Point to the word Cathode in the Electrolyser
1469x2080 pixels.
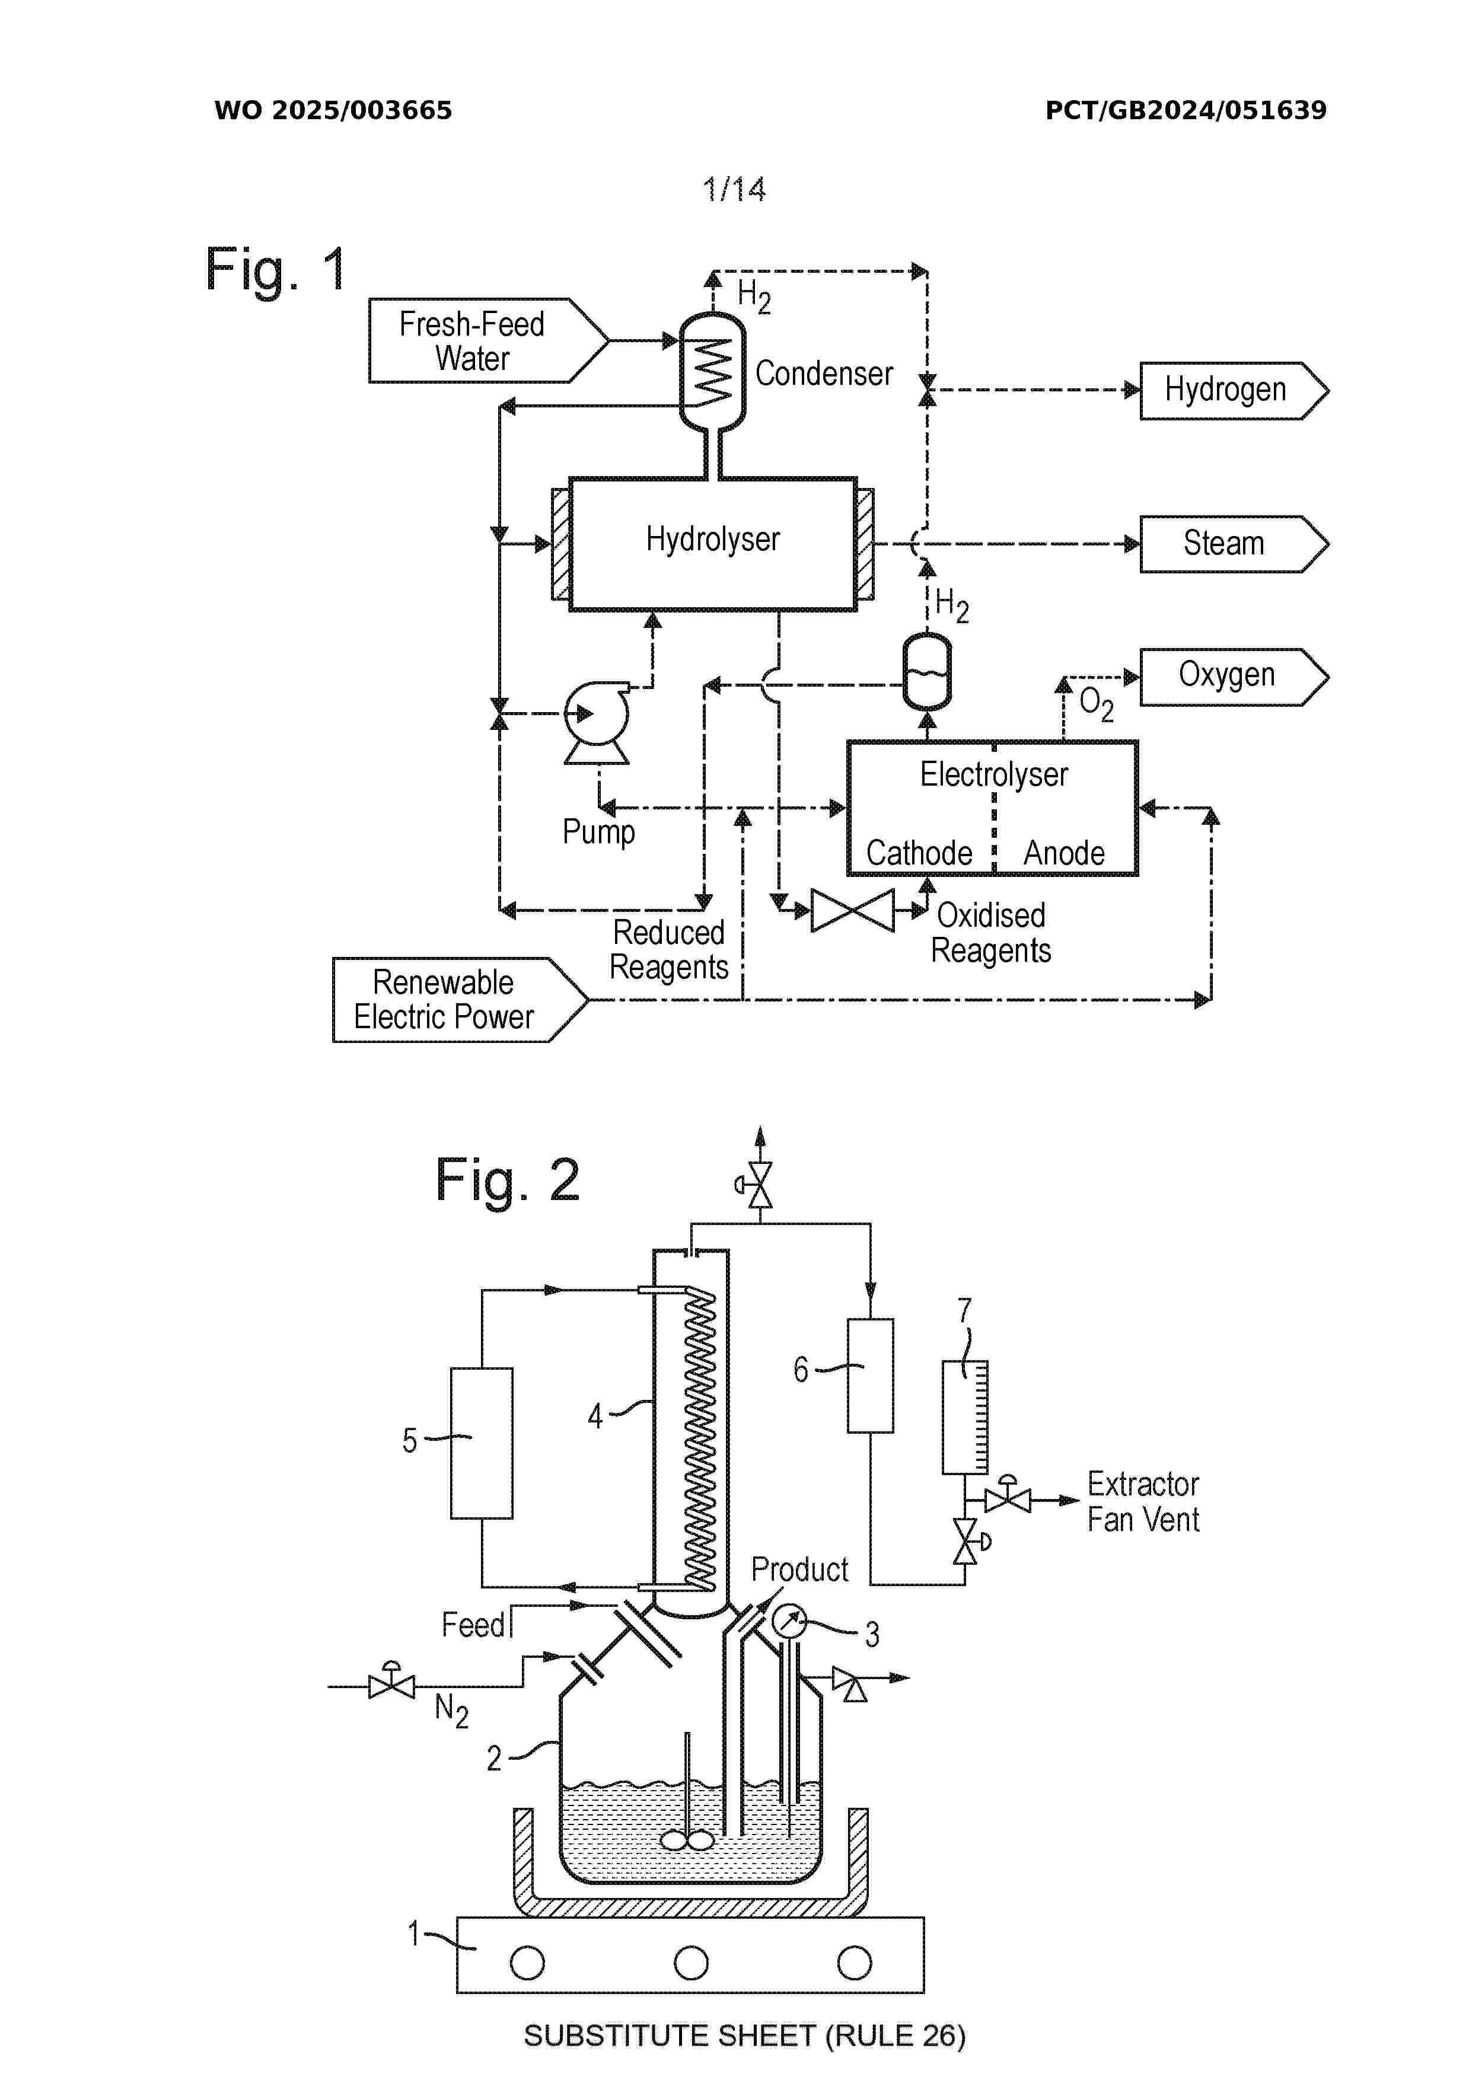tap(919, 853)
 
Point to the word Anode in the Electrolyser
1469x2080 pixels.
tap(1064, 853)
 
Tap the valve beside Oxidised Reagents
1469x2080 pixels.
tap(852, 911)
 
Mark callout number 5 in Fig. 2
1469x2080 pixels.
tap(410, 1440)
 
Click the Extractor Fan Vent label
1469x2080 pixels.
tap(1143, 1501)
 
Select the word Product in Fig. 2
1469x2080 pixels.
tap(799, 1569)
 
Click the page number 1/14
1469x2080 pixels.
tap(734, 189)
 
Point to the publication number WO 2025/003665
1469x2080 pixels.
tap(333, 110)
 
